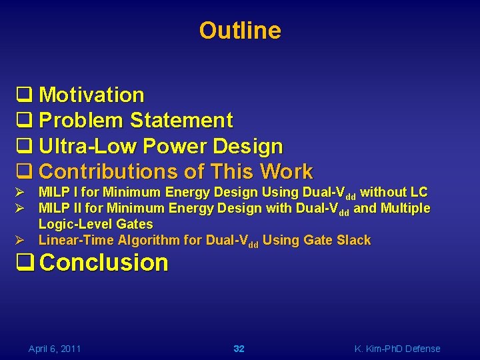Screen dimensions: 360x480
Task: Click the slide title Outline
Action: point(240,31)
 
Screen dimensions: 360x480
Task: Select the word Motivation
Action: point(91,95)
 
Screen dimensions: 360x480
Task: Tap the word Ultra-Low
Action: point(89,146)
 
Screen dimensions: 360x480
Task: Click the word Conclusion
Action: point(104,263)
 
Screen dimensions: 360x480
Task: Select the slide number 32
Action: point(239,349)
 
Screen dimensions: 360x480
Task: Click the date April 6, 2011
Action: point(55,349)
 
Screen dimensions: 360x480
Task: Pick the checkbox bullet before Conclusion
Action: point(25,263)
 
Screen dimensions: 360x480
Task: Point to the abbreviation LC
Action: point(419,192)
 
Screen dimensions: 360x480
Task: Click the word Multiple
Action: point(405,208)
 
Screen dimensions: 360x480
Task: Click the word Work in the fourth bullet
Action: point(287,171)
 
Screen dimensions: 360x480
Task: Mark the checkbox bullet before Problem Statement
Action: point(25,121)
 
